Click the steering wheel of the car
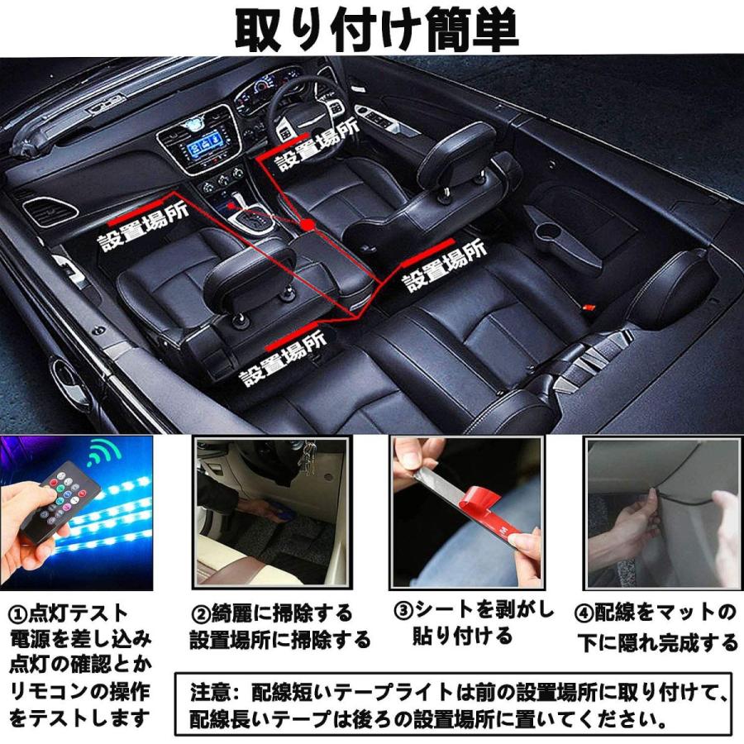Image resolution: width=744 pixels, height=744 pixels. tap(298, 107)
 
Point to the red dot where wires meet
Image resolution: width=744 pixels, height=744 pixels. tap(308, 223)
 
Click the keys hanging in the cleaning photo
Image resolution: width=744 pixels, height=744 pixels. tap(308, 452)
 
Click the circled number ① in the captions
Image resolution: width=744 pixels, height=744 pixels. tap(18, 614)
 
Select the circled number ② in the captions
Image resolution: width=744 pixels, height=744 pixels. tap(201, 614)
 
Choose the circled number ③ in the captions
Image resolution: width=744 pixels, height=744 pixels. tap(403, 612)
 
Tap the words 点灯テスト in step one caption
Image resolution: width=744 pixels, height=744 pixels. tap(79, 614)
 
